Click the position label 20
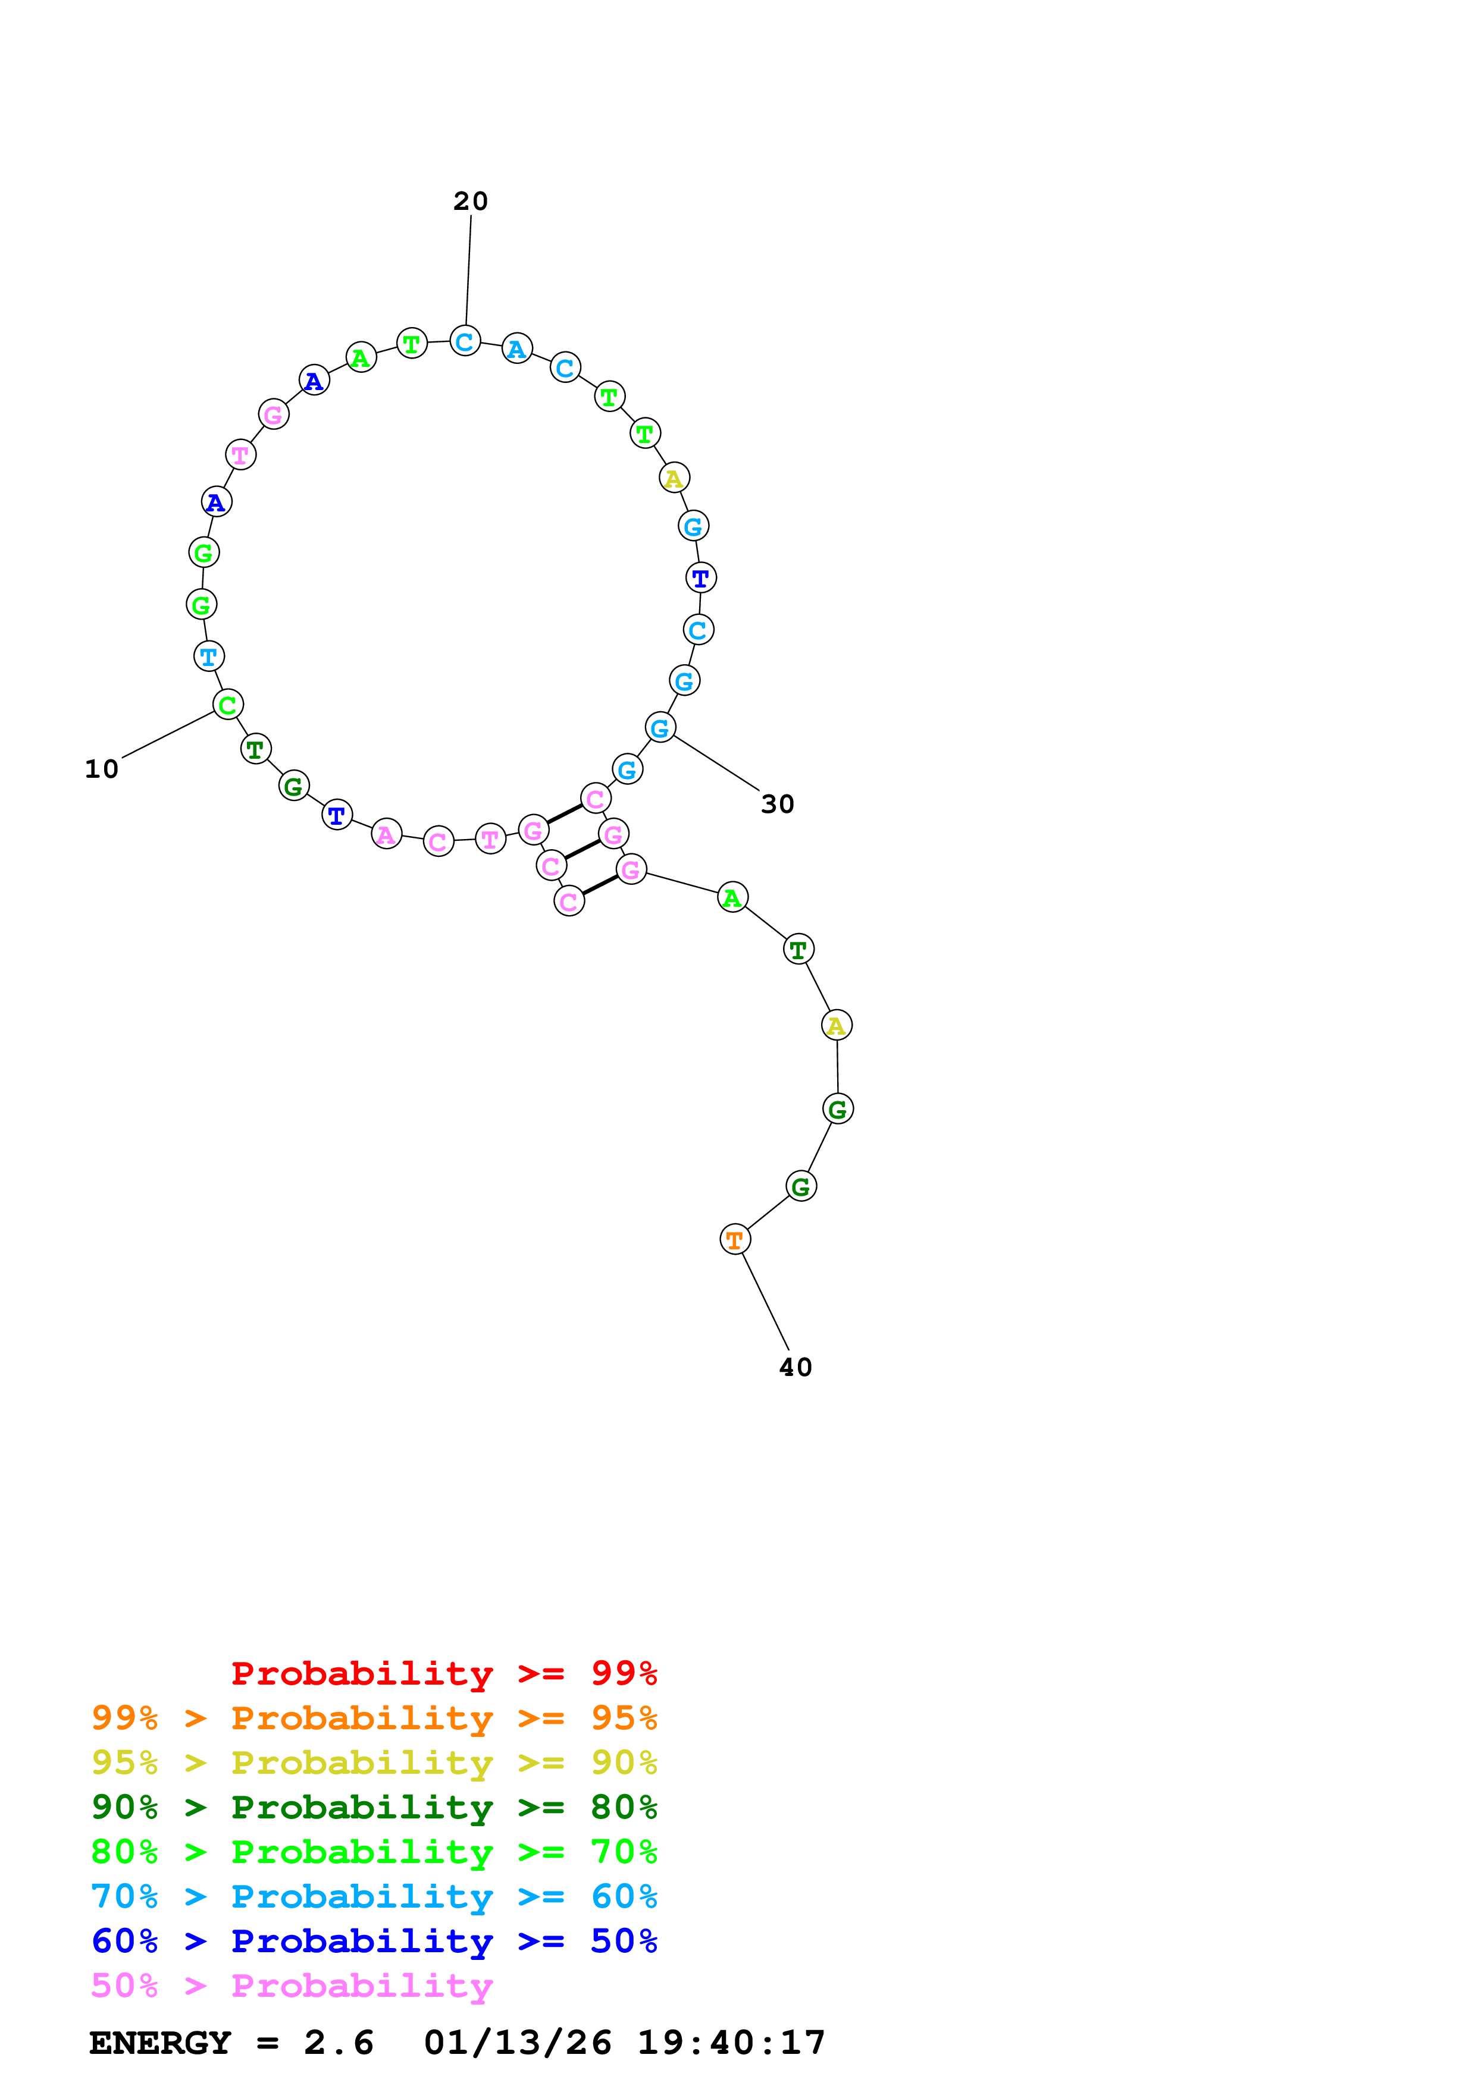470,201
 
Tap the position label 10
102,769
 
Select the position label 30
777,804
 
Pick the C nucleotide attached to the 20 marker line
465,341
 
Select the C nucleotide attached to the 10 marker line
228,704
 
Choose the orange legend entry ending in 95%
374,1718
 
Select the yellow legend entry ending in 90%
374,1763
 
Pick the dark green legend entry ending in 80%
374,1807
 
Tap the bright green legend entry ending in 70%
374,1852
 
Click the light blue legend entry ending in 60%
374,1896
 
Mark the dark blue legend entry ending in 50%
374,1941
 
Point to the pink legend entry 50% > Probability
292,1985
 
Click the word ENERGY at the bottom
160,2043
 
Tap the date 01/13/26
517,2043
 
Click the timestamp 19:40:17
731,2043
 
